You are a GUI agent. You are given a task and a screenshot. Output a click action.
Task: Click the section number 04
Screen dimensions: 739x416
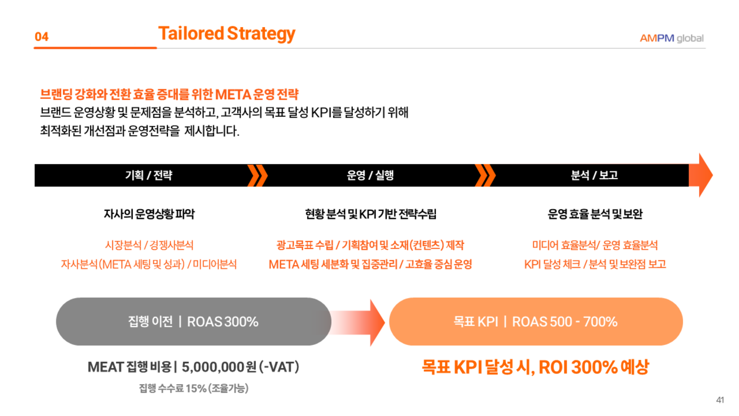(x=42, y=37)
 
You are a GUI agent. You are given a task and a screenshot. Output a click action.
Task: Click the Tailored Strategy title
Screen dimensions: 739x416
(x=227, y=34)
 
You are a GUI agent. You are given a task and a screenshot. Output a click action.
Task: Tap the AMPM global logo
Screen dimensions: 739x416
(x=672, y=38)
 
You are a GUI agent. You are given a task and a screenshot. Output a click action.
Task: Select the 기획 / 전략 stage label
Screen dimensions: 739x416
(x=149, y=175)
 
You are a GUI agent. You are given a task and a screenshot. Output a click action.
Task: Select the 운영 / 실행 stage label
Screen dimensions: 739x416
(x=370, y=175)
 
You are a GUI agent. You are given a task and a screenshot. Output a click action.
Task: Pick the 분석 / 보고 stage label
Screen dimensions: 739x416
(x=594, y=175)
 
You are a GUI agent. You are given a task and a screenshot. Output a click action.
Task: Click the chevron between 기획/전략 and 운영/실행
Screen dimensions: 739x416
(x=257, y=176)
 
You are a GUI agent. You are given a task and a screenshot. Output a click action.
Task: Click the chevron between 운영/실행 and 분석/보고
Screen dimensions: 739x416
(x=485, y=176)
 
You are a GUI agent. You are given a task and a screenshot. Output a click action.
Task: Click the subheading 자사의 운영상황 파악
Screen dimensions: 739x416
(x=149, y=214)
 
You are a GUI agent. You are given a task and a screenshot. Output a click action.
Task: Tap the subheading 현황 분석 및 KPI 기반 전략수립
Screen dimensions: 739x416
(x=371, y=214)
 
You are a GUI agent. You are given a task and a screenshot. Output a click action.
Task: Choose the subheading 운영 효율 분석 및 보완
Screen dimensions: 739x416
(x=595, y=214)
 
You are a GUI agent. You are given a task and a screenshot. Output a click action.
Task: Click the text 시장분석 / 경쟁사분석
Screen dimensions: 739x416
(x=149, y=245)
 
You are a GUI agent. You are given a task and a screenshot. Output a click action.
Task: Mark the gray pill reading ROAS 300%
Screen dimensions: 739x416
(x=194, y=322)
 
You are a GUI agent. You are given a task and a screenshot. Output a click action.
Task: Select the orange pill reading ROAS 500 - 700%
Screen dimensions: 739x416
(x=536, y=322)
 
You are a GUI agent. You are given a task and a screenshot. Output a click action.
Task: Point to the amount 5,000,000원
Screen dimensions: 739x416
(x=219, y=367)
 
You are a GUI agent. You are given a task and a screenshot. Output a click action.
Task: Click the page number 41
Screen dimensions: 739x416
(x=720, y=400)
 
